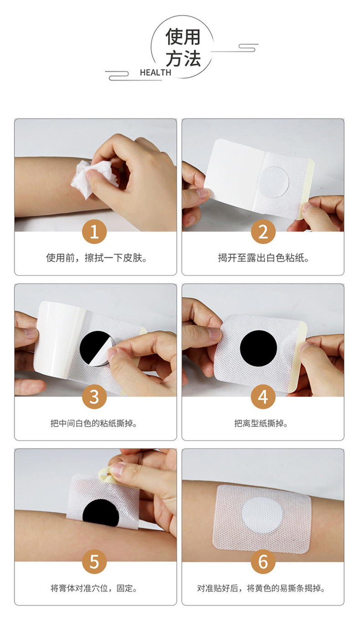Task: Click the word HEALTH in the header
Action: [x=155, y=72]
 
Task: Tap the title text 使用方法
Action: [x=183, y=48]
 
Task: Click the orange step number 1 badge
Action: [x=94, y=232]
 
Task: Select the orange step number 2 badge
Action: [x=263, y=232]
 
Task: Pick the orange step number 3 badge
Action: [x=94, y=396]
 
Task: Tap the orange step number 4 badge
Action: [x=263, y=396]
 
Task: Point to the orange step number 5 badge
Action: [x=94, y=561]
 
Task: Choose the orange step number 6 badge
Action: [x=263, y=561]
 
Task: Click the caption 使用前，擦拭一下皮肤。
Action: [x=97, y=258]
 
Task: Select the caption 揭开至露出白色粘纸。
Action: [x=263, y=258]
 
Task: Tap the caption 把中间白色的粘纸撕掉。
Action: [x=94, y=423]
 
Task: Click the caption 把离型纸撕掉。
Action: [x=261, y=423]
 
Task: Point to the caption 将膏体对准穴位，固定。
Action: [x=94, y=588]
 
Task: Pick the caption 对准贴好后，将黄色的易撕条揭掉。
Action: [x=261, y=588]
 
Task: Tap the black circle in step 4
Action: [x=258, y=349]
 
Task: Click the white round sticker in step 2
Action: [x=273, y=182]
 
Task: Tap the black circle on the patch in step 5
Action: [x=101, y=514]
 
